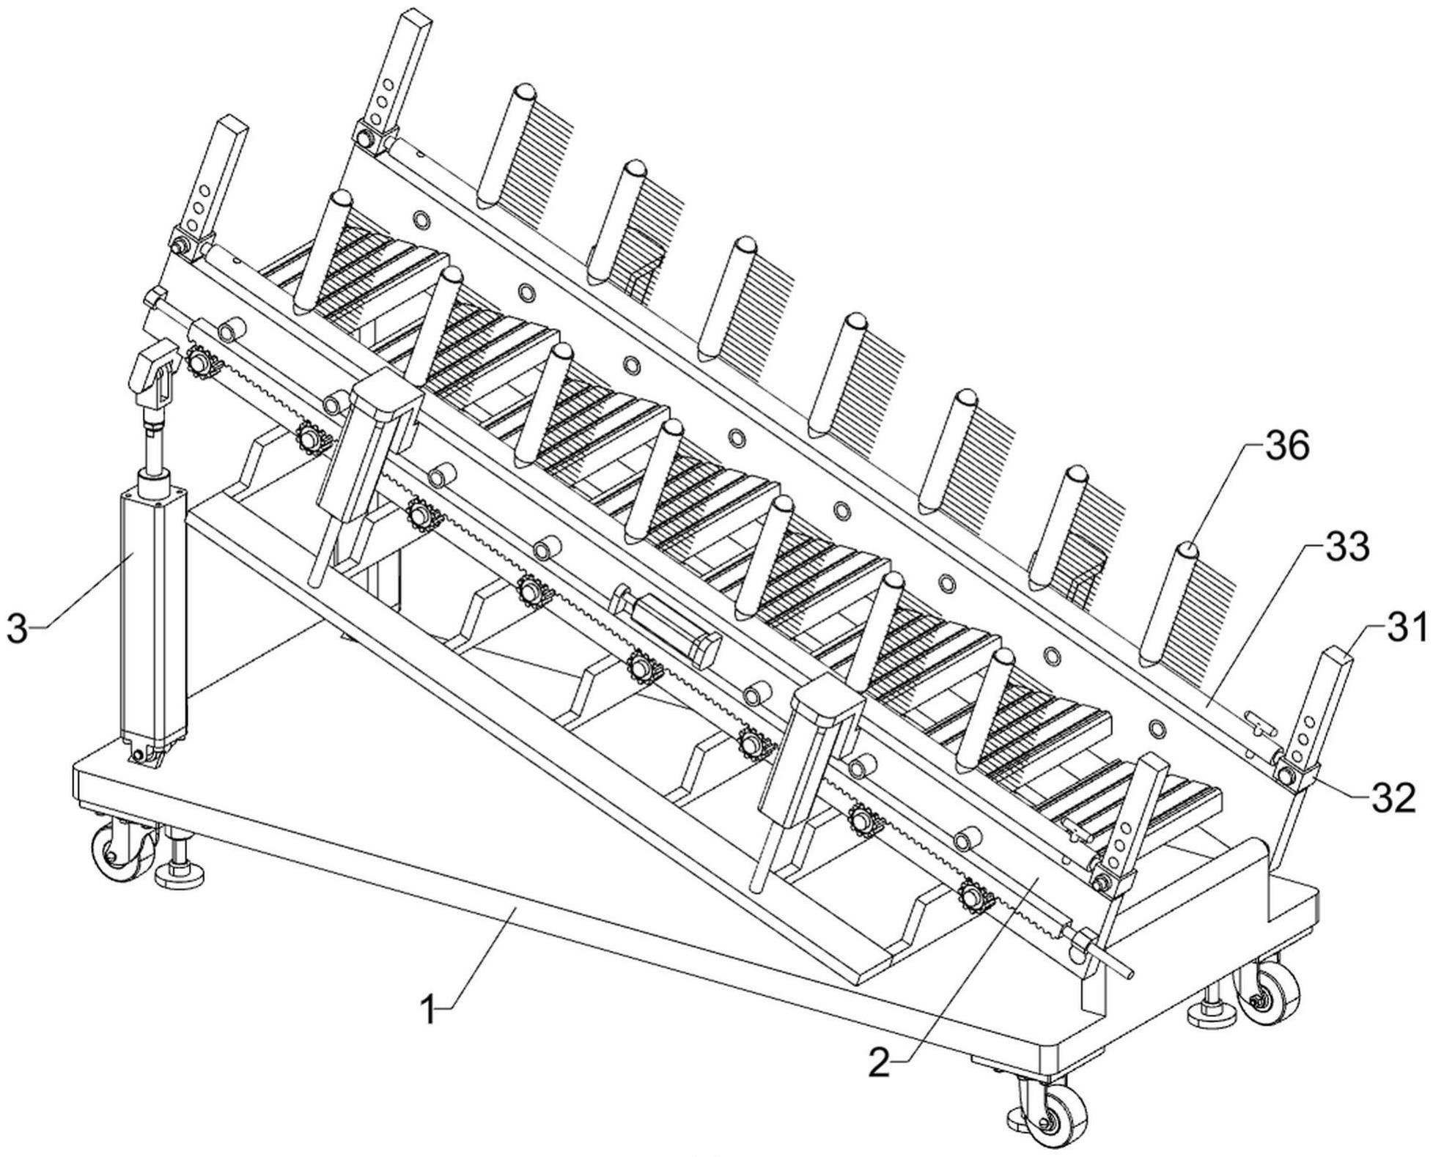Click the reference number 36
coord(1289,446)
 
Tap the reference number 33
coord(1349,547)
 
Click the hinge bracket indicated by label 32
coord(1294,773)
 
